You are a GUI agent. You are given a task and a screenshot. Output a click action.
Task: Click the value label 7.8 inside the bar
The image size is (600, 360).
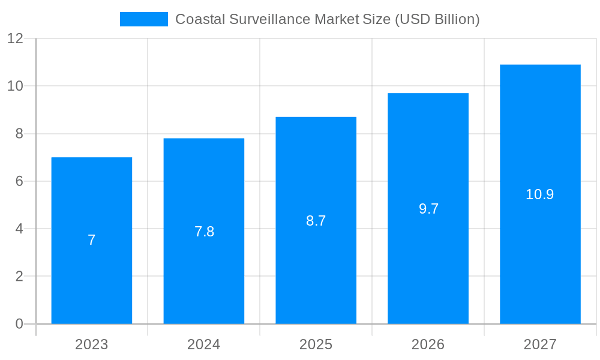(204, 232)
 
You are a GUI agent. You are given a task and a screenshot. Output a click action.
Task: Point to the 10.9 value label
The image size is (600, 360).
(540, 194)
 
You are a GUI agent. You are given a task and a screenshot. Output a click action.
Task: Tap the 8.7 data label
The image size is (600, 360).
(316, 221)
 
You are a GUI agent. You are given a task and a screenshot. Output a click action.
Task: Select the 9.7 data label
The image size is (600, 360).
(428, 209)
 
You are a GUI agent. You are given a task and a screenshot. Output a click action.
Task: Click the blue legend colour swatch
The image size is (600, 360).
(144, 19)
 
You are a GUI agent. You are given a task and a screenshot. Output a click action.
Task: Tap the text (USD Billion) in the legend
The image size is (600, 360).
(437, 19)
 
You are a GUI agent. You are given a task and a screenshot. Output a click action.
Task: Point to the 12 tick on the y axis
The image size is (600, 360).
(15, 38)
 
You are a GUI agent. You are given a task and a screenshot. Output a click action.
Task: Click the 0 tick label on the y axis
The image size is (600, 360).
(19, 324)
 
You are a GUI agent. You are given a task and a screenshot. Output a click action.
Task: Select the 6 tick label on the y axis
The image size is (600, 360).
(19, 181)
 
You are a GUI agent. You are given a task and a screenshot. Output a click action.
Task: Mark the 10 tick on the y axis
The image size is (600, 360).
(15, 86)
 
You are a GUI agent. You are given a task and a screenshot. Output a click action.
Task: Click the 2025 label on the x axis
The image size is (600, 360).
(316, 344)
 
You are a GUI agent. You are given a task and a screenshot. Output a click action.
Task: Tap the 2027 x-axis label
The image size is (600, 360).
(540, 344)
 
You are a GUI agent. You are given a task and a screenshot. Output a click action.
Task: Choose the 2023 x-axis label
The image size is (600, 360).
(92, 344)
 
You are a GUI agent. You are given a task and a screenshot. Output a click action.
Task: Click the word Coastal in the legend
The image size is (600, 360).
(199, 19)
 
